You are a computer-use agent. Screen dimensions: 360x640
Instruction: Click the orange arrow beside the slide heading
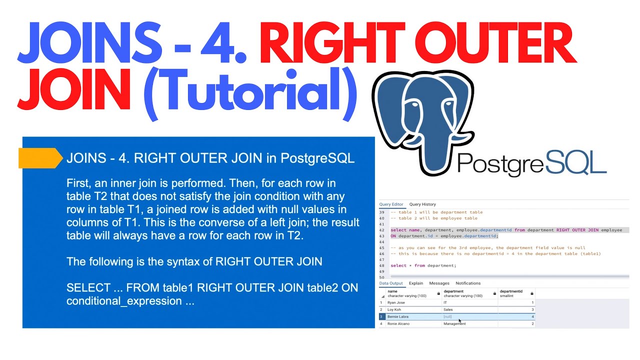pyautogui.click(x=40, y=158)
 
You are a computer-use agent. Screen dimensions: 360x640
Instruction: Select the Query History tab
pyautogui.click(x=422, y=204)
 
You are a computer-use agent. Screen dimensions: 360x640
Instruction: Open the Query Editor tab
pyautogui.click(x=391, y=204)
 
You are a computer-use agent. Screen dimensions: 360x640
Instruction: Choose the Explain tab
pyautogui.click(x=416, y=283)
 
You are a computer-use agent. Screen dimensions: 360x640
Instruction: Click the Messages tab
pyautogui.click(x=439, y=283)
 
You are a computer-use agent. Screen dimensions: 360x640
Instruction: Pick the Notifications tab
pyautogui.click(x=468, y=283)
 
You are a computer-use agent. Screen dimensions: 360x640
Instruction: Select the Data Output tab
pyautogui.click(x=391, y=283)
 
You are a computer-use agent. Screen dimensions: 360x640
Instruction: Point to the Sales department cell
pyautogui.click(x=448, y=309)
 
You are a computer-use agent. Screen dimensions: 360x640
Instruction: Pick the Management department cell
pyautogui.click(x=454, y=324)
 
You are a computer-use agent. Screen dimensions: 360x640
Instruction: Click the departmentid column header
pyautogui.click(x=511, y=291)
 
